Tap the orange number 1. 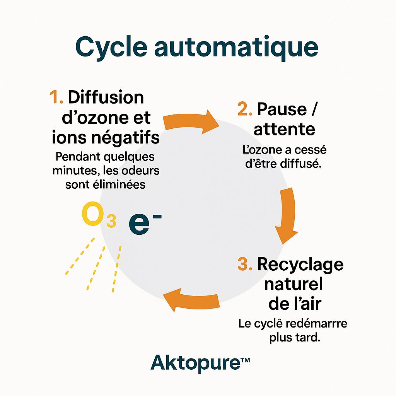[56, 98]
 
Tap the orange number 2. [245, 109]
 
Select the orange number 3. [245, 265]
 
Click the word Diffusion [106, 97]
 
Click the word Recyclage [300, 265]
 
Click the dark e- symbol [143, 223]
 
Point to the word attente [284, 130]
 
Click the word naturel [294, 285]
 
